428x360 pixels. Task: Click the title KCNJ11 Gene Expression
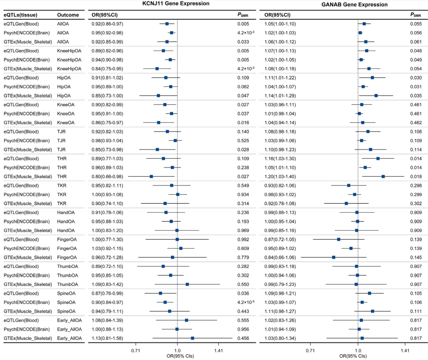coord(170,4)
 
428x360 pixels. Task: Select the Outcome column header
coord(67,15)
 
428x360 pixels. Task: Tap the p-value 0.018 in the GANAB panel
coord(415,176)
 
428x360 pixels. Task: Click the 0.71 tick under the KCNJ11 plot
coord(136,349)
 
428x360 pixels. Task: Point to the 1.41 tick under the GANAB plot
coord(405,349)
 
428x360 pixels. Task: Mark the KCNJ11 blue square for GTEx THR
coord(151,176)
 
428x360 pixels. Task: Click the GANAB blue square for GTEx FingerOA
coord(333,257)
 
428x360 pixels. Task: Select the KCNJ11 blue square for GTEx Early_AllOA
coord(193,338)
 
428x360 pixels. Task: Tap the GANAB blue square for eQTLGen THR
coord(378,158)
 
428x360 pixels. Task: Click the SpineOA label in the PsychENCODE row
coord(66,302)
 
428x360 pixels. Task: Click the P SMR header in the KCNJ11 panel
coord(244,15)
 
